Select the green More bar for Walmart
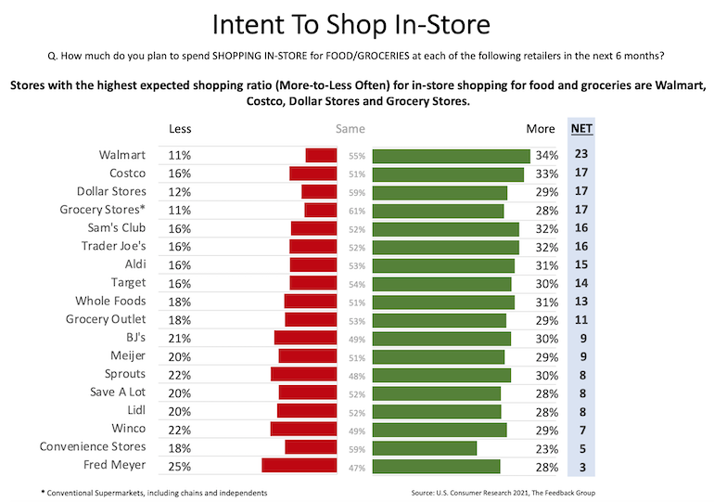(x=451, y=156)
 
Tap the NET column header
(x=581, y=129)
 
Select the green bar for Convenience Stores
(x=425, y=447)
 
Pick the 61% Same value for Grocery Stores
(x=357, y=211)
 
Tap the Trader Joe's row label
(x=113, y=247)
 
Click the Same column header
(x=350, y=129)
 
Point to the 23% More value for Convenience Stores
(x=546, y=447)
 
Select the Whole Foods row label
(x=111, y=302)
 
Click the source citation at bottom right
(x=542, y=491)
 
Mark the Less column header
(x=180, y=129)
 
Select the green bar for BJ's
(x=441, y=338)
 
